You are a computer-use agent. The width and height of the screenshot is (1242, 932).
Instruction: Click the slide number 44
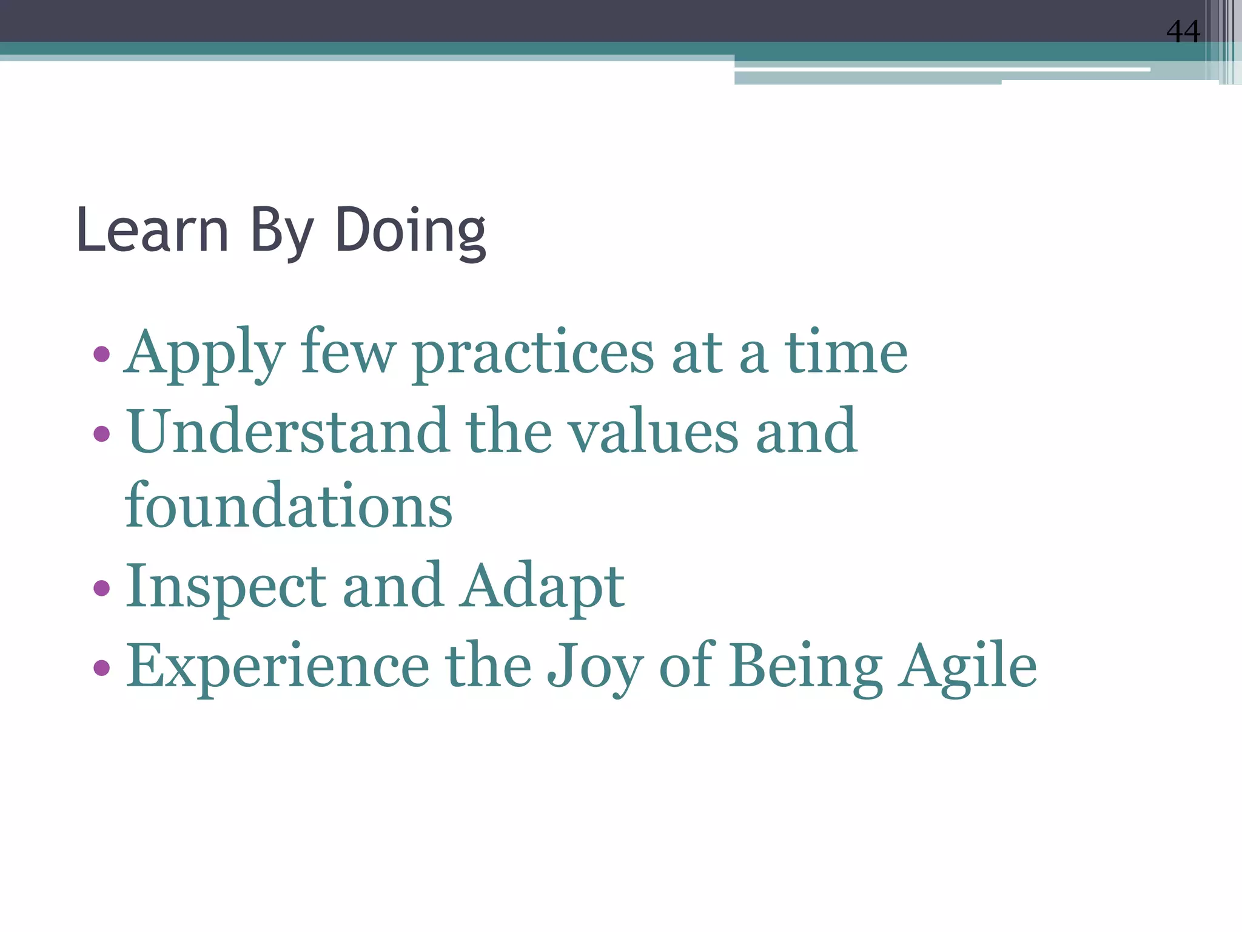1183,32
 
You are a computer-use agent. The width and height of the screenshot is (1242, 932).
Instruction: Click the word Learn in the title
152,231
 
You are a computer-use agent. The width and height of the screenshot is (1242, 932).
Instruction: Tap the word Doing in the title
410,232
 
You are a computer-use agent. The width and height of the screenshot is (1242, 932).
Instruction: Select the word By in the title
281,232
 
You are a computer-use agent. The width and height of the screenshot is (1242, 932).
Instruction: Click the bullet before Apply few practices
101,353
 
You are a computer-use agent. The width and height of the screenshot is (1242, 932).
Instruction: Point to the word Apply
204,354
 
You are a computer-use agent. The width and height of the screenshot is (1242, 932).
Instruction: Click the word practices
534,354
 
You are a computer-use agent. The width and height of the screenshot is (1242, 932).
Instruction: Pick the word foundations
288,505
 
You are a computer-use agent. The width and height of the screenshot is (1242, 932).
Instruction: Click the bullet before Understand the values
101,433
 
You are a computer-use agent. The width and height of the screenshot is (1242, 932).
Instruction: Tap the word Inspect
226,587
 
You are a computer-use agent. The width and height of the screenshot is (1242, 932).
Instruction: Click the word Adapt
542,587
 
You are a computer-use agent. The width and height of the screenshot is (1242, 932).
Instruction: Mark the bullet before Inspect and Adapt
101,587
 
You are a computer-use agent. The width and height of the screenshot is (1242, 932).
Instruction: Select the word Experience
277,666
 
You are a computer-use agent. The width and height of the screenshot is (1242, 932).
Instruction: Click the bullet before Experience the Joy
101,667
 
